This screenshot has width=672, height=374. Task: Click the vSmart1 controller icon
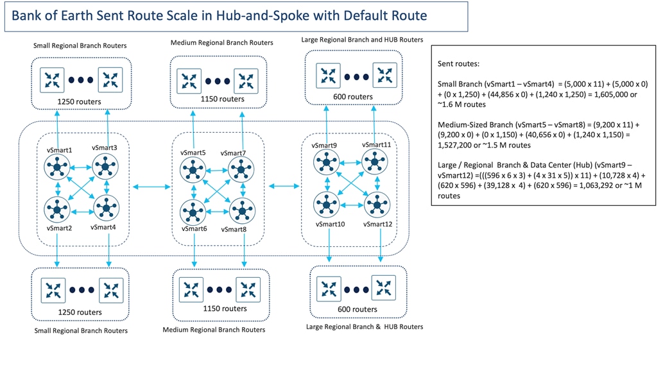[58, 168]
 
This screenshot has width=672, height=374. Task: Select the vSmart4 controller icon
[106, 208]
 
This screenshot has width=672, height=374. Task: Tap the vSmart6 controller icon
[193, 211]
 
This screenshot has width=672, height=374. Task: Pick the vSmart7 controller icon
[241, 170]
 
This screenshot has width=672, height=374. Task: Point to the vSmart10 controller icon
[327, 205]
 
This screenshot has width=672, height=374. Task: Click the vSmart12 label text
[377, 224]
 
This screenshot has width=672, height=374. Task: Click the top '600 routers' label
[352, 97]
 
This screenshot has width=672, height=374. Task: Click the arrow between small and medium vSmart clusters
[152, 187]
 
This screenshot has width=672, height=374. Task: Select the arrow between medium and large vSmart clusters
[284, 186]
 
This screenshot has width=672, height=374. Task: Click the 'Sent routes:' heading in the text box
[458, 65]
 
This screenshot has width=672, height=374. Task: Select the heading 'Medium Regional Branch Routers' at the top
[222, 43]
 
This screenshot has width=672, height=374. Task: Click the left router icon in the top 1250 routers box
[52, 80]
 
